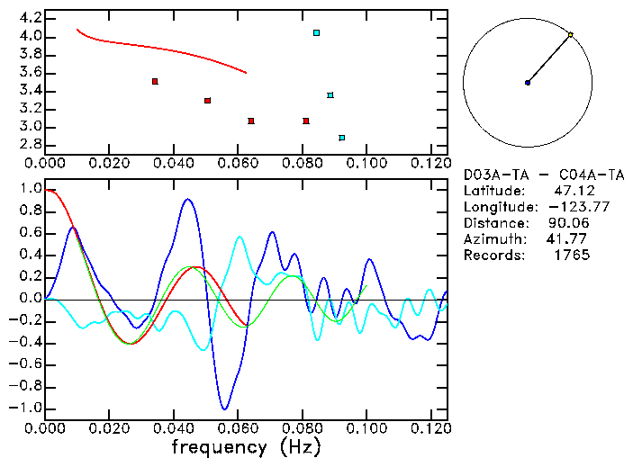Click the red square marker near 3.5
pyautogui.click(x=155, y=82)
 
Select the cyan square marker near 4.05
pyautogui.click(x=316, y=33)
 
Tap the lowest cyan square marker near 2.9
pyautogui.click(x=341, y=138)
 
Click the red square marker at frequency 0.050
pyautogui.click(x=207, y=101)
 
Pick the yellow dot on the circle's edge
pyautogui.click(x=570, y=35)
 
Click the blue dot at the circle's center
pyautogui.click(x=528, y=83)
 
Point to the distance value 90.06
pyautogui.click(x=569, y=223)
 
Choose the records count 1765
pyautogui.click(x=573, y=256)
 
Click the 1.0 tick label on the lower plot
pyautogui.click(x=30, y=190)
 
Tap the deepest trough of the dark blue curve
pyautogui.click(x=224, y=409)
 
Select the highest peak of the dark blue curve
pyautogui.click(x=187, y=200)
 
